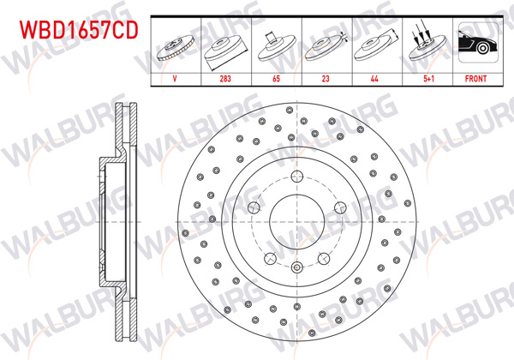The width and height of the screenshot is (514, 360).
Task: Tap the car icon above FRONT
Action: pos(475,44)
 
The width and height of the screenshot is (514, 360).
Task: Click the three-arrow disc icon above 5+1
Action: pos(425,44)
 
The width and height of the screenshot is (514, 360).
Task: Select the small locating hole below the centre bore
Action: pos(296,266)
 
